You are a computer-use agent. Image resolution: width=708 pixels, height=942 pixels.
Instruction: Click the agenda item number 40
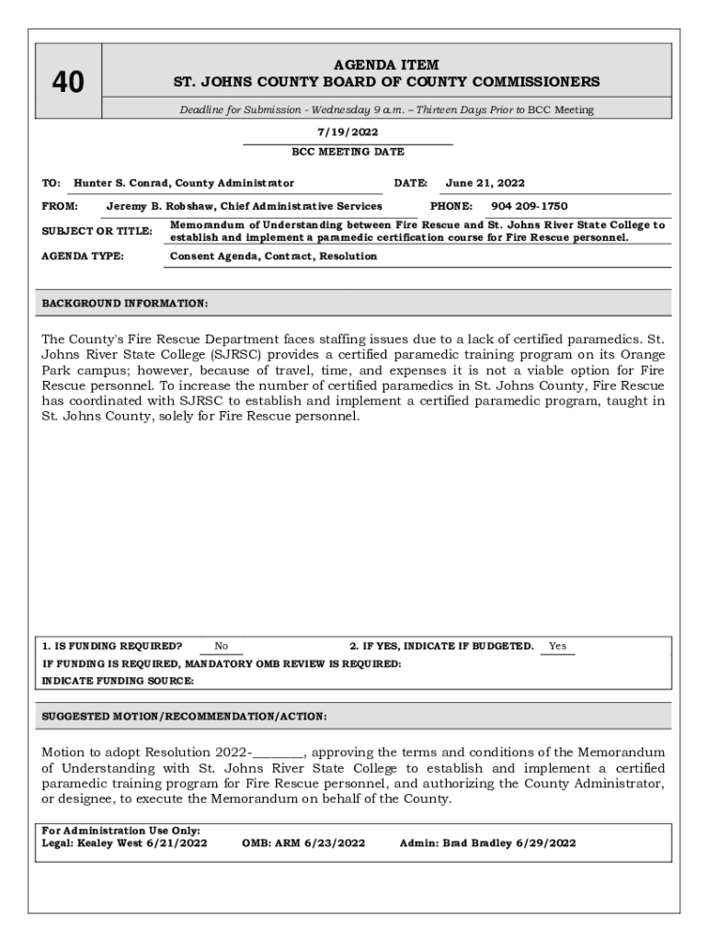click(x=68, y=84)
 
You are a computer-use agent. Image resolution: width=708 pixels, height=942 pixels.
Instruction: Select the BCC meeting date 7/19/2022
click(x=348, y=132)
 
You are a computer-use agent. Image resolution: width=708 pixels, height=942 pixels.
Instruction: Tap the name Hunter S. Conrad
click(x=123, y=183)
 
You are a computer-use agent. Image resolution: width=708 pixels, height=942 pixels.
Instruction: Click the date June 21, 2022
click(x=485, y=183)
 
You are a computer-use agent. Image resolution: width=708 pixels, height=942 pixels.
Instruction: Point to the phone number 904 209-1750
click(x=529, y=206)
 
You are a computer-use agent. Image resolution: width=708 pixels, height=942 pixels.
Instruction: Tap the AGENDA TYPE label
click(x=84, y=257)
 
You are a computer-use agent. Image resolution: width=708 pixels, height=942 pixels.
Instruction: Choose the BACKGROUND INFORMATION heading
click(x=125, y=303)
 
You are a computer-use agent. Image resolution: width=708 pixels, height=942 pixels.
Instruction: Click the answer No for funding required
click(x=222, y=647)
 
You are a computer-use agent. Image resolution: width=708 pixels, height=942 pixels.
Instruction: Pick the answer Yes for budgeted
click(x=557, y=647)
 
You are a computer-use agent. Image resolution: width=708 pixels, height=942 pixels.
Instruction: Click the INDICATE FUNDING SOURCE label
click(x=119, y=681)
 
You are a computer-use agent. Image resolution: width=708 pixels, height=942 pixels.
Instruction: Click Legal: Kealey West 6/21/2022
click(x=125, y=843)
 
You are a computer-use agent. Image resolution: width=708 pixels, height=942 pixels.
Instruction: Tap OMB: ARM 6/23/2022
click(x=303, y=843)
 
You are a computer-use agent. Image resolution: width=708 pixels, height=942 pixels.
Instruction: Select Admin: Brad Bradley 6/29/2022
click(x=488, y=843)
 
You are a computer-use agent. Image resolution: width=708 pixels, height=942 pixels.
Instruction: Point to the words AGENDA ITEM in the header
click(x=386, y=65)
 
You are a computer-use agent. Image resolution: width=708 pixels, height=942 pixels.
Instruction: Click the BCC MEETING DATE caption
click(x=348, y=152)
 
